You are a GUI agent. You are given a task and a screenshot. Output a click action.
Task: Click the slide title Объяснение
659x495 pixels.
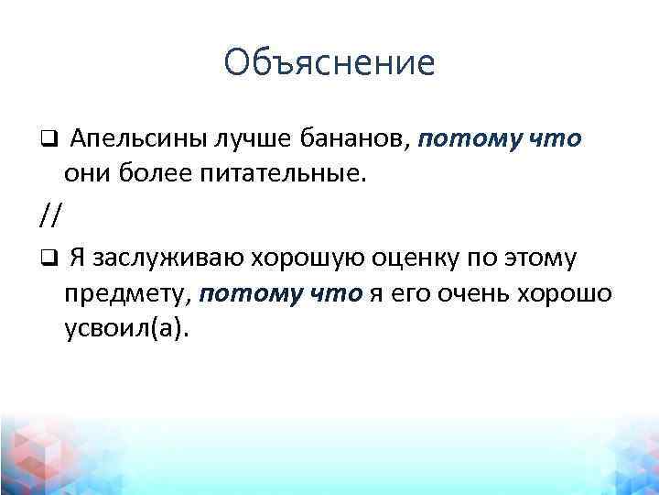(329, 62)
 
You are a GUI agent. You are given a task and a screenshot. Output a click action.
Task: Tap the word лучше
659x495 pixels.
(250, 140)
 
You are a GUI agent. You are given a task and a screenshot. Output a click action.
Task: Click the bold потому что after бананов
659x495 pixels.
(502, 140)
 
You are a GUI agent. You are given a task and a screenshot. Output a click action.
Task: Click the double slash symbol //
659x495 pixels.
(50, 216)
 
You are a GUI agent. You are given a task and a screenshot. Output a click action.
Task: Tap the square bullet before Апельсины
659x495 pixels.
(48, 140)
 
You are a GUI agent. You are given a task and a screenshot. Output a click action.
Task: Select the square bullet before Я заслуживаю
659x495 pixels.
(48, 259)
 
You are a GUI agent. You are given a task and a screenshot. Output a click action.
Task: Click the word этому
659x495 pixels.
(545, 259)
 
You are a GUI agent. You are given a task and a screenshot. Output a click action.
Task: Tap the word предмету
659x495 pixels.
(126, 293)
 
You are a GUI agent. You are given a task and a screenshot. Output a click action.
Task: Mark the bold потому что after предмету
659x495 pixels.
(281, 293)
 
